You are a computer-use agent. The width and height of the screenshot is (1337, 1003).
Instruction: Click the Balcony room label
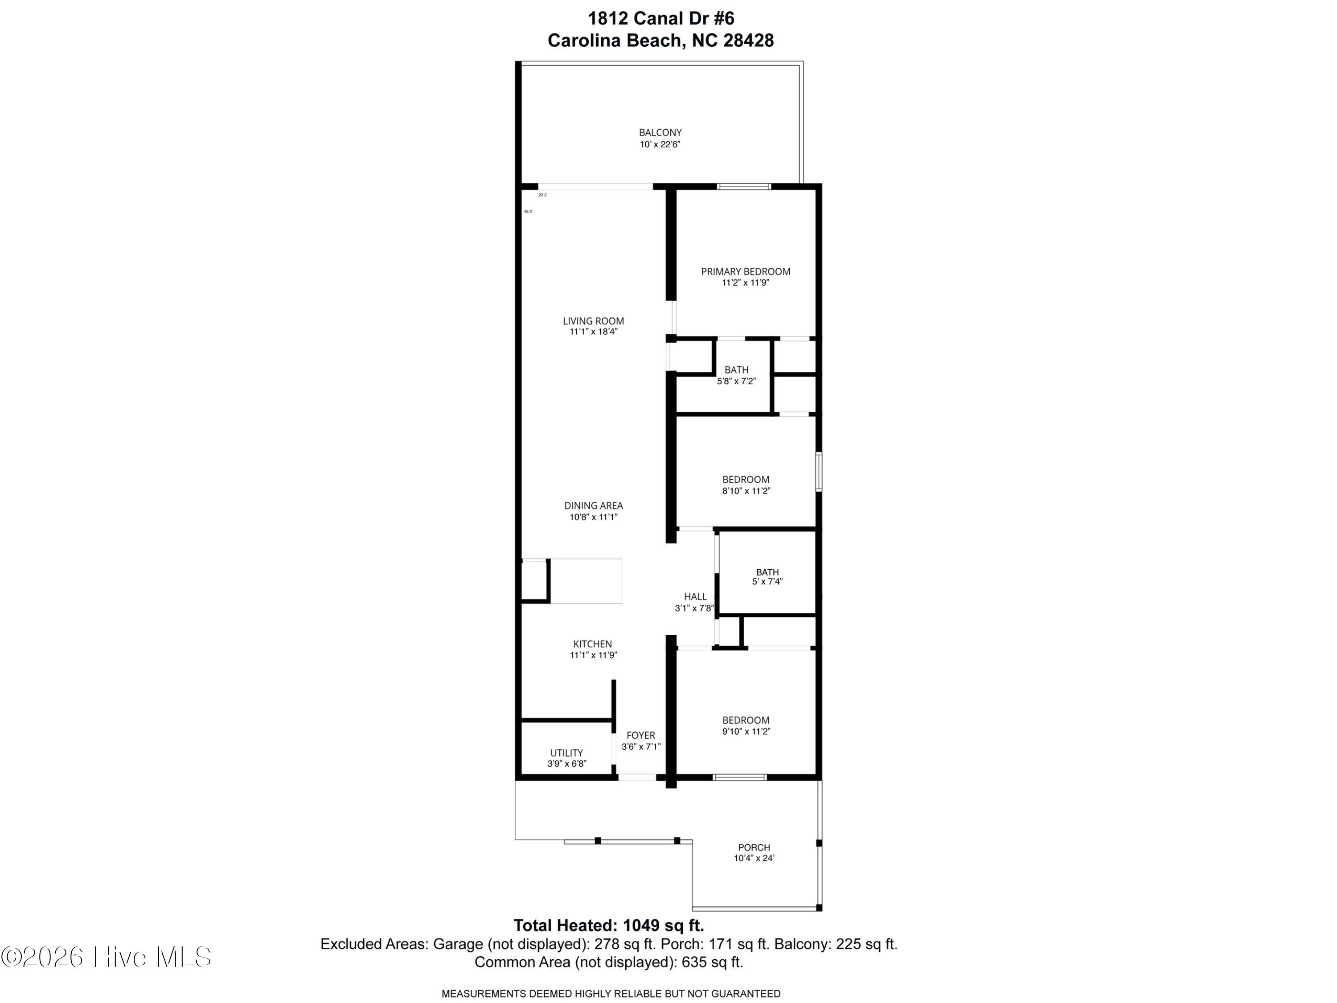660,132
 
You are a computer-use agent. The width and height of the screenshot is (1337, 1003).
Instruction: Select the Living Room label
593,321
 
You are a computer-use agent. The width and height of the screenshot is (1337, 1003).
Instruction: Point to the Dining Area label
593,506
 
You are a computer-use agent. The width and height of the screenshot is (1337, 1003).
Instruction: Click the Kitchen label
592,644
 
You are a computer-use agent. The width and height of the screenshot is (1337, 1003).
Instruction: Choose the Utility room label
566,753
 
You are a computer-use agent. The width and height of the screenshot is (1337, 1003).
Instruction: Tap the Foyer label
641,735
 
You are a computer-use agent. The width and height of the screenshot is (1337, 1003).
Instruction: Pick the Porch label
754,847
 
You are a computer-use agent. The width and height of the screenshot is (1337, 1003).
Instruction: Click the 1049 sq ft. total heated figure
663,925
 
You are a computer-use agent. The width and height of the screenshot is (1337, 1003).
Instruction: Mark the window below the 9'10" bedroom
740,777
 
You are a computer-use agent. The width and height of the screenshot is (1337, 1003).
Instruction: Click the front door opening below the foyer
636,777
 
